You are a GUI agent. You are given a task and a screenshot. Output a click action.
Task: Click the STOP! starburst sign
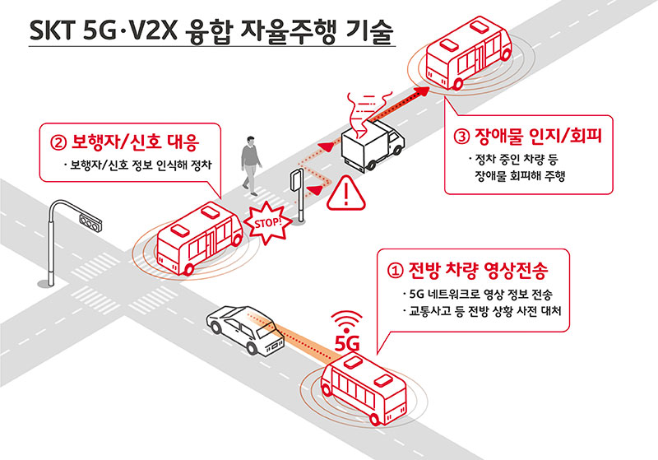(267, 223)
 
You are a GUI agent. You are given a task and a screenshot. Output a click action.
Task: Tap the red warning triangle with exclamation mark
(345, 193)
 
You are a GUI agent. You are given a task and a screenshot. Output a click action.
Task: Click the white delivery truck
(372, 145)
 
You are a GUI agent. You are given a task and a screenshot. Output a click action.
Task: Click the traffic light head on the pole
(90, 221)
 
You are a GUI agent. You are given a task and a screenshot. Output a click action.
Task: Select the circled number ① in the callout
(395, 271)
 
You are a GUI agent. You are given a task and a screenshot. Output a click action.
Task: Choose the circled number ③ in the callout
(461, 137)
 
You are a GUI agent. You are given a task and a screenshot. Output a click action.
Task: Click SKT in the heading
(52, 30)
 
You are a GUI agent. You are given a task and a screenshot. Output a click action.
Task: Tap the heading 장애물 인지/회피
(539, 136)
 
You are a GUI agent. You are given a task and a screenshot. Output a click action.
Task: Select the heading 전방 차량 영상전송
(479, 270)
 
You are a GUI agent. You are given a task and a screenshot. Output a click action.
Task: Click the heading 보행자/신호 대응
(135, 142)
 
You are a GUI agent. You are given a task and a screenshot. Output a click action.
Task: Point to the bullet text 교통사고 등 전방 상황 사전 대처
(484, 311)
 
